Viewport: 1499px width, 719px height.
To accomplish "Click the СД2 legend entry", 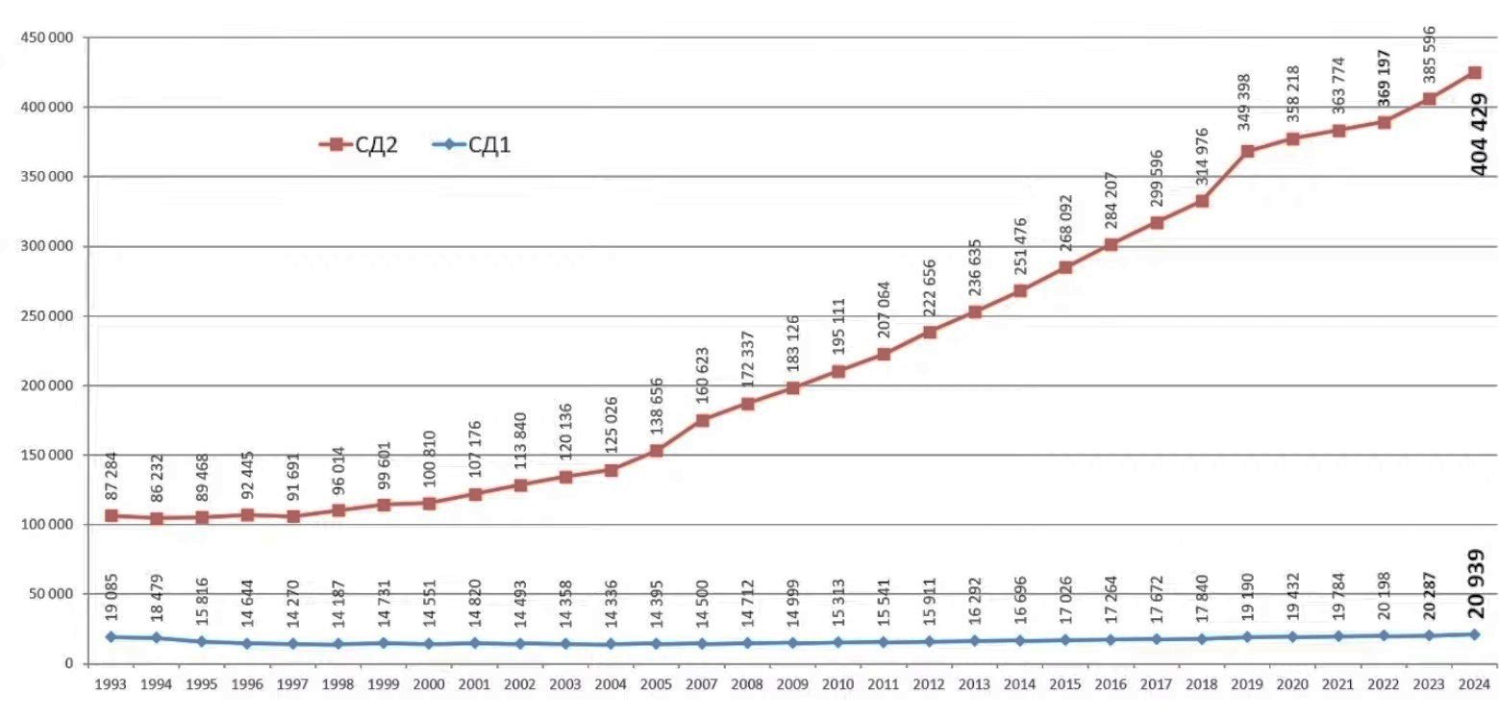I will (x=359, y=145).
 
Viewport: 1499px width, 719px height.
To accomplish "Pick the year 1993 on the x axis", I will (x=111, y=685).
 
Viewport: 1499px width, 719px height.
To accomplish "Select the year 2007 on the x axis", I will (x=702, y=685).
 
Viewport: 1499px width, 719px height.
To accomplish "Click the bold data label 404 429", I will (x=1479, y=135).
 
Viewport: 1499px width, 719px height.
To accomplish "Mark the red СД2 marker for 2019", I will (x=1247, y=152).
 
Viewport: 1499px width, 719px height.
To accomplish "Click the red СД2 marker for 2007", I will (x=702, y=420).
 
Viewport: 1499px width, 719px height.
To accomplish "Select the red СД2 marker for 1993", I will (x=111, y=515).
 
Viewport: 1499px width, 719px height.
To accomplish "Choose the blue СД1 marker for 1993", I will (x=111, y=636).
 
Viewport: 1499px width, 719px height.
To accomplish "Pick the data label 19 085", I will (x=111, y=596).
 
